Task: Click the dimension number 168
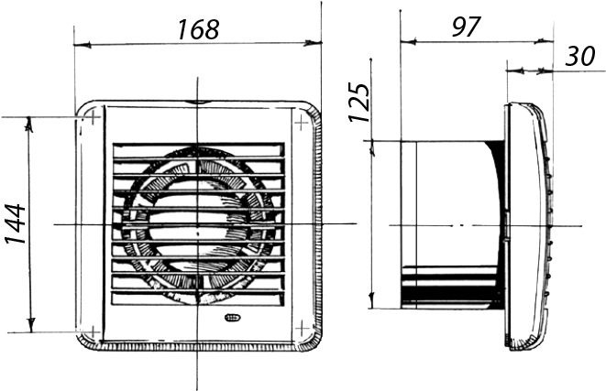click(198, 29)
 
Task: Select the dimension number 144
click(16, 224)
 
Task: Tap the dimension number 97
click(466, 27)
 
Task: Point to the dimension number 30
click(579, 56)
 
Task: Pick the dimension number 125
click(359, 103)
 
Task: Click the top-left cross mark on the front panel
click(94, 116)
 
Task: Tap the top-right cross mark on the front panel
click(302, 123)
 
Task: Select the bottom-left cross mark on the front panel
click(94, 331)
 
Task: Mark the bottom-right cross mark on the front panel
click(302, 329)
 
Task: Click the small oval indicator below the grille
click(232, 318)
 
